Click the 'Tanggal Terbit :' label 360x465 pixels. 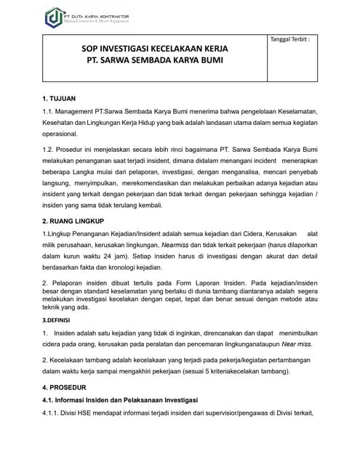[289, 40]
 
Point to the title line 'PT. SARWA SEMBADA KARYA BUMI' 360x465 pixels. [155, 62]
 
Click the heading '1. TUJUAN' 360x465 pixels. [59, 97]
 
